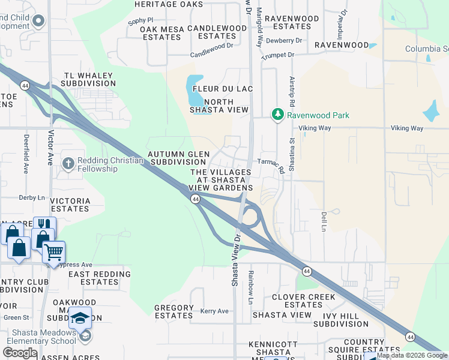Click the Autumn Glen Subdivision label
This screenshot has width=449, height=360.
(x=179, y=158)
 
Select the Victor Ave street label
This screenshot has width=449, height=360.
(x=51, y=148)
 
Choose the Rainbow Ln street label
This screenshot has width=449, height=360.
(x=252, y=287)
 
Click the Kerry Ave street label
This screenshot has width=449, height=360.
(x=215, y=311)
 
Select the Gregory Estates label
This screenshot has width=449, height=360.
(x=174, y=311)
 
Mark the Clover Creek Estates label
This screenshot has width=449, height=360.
(x=304, y=301)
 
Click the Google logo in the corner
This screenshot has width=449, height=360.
(x=20, y=353)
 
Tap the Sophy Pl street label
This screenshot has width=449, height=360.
(x=140, y=20)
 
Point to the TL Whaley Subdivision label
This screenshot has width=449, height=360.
(x=90, y=79)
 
